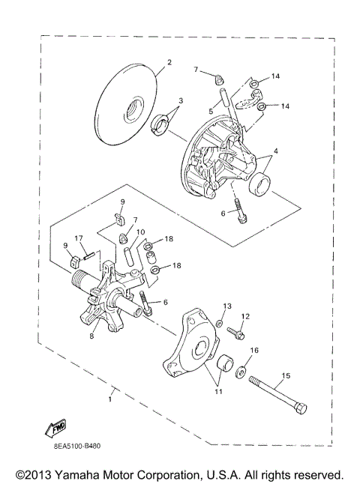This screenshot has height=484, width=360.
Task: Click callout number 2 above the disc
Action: coord(169,62)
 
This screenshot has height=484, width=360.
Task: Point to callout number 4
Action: coord(276,151)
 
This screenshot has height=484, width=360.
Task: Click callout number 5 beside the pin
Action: coord(211,111)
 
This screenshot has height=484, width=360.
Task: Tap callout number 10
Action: coord(140,232)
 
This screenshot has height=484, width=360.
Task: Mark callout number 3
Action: coord(181,100)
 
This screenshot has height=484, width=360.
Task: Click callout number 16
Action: coord(254,350)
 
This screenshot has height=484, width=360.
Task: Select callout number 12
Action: coord(245,317)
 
